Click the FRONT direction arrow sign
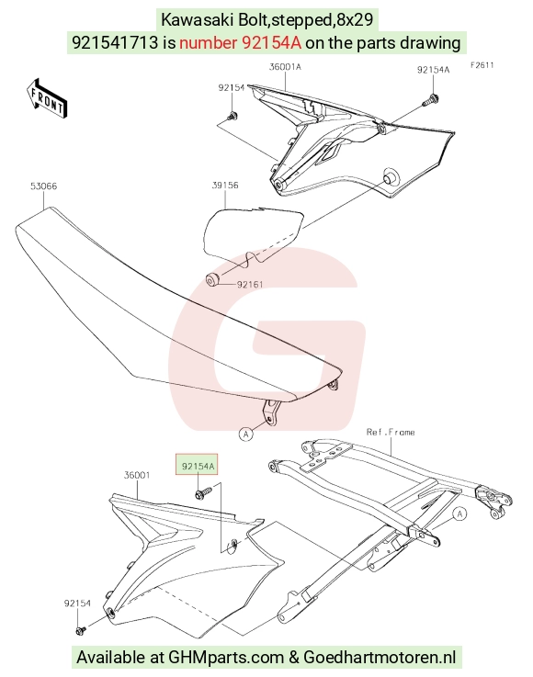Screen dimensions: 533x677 pos(47,98)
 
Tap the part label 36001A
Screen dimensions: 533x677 pos(285,67)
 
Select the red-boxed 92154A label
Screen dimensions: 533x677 pos(197,466)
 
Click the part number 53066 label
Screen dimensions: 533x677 pos(43,186)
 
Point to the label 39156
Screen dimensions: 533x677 pos(225,186)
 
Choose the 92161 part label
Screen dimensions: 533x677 pos(250,284)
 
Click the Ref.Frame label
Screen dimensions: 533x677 pos(391,432)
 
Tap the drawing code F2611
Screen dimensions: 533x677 pos(482,65)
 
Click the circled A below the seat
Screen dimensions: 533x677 pos(245,434)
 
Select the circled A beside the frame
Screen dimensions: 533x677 pos(459,513)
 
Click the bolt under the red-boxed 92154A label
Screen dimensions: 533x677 pos(203,491)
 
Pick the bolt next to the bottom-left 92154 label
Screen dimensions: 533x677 pos(80,631)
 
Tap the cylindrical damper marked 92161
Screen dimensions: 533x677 pos(212,280)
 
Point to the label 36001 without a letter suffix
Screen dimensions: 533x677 pos(137,475)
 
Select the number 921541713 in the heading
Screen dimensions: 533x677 pos(115,43)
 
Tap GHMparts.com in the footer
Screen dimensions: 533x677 pos(226,657)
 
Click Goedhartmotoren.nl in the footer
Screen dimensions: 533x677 pos(380,657)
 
